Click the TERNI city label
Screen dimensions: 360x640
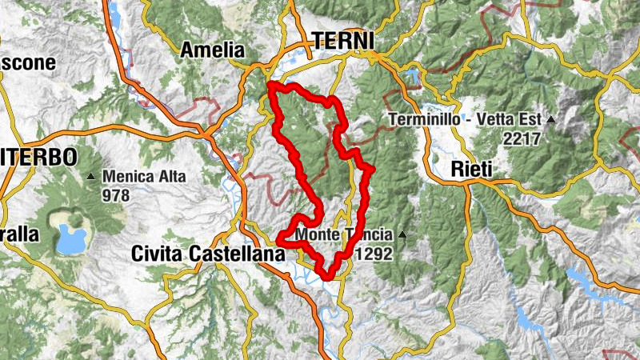[343, 41]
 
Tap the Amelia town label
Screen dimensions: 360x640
[210, 50]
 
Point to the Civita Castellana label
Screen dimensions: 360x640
[208, 254]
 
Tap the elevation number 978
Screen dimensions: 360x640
[115, 194]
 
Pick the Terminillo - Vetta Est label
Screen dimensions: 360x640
[467, 120]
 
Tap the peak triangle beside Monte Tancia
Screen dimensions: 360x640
[402, 235]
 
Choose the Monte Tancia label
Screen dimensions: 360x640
[344, 235]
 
